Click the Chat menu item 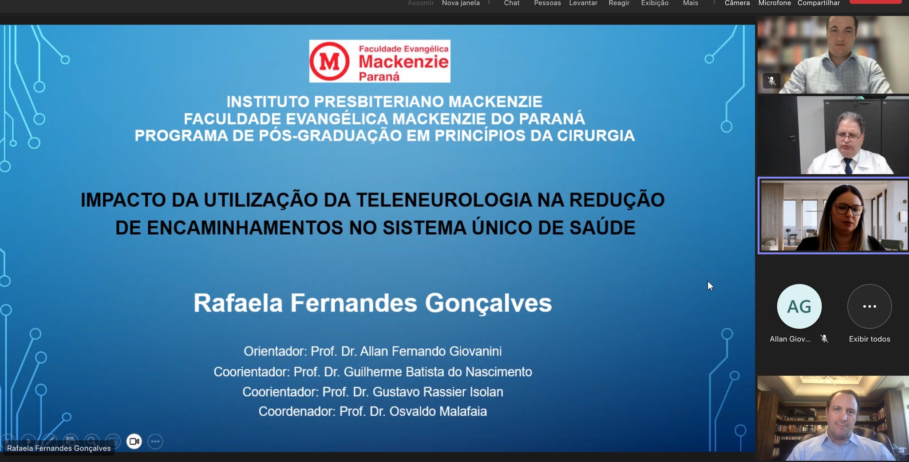click(511, 3)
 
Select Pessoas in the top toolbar click(547, 3)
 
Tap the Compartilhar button click(818, 3)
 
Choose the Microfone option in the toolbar click(775, 3)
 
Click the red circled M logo click(330, 61)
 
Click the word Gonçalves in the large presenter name click(488, 304)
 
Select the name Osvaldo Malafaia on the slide click(438, 411)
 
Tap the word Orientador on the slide click(274, 351)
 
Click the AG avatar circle click(799, 306)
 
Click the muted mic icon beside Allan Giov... click(824, 339)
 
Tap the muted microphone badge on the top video click(771, 81)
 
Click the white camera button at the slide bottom click(134, 441)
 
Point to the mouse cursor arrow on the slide click(710, 286)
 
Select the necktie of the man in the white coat click(848, 166)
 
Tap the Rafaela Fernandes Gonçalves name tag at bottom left click(59, 448)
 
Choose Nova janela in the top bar click(461, 3)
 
